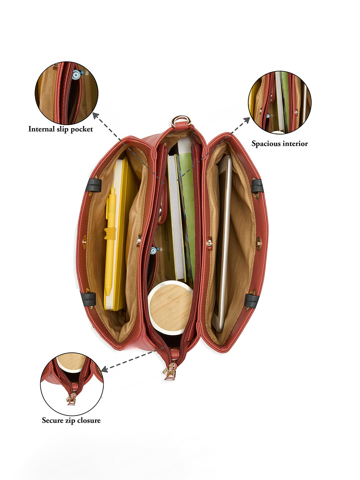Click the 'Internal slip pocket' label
(61, 129)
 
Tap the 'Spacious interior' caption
(280, 144)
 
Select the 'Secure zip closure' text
(71, 420)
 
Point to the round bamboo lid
(170, 306)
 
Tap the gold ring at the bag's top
(181, 121)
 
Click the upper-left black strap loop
(94, 185)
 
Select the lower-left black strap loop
(88, 299)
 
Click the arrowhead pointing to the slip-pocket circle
(96, 115)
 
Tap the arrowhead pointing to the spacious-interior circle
(247, 120)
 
